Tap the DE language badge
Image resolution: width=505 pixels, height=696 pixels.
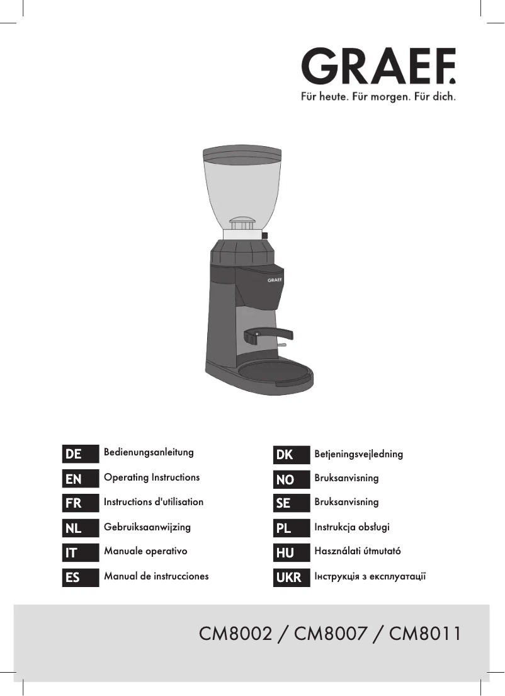(81, 454)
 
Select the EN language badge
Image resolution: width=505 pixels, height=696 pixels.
(81, 479)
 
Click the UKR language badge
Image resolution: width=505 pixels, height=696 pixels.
(292, 577)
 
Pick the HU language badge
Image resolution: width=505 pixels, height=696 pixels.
(292, 552)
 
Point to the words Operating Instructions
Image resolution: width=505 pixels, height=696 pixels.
(152, 477)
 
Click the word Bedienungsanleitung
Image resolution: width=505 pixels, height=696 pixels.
(149, 452)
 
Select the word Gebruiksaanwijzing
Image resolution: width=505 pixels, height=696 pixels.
(147, 527)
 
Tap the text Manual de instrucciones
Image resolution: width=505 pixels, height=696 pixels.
(156, 576)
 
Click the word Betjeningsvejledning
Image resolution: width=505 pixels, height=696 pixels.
(358, 454)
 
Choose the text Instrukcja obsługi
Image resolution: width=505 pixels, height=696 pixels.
(352, 527)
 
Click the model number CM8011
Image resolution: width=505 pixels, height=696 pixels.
(425, 633)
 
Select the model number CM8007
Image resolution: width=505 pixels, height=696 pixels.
(331, 633)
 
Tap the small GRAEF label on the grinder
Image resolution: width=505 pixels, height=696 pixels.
(275, 278)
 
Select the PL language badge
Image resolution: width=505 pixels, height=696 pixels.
(292, 528)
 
